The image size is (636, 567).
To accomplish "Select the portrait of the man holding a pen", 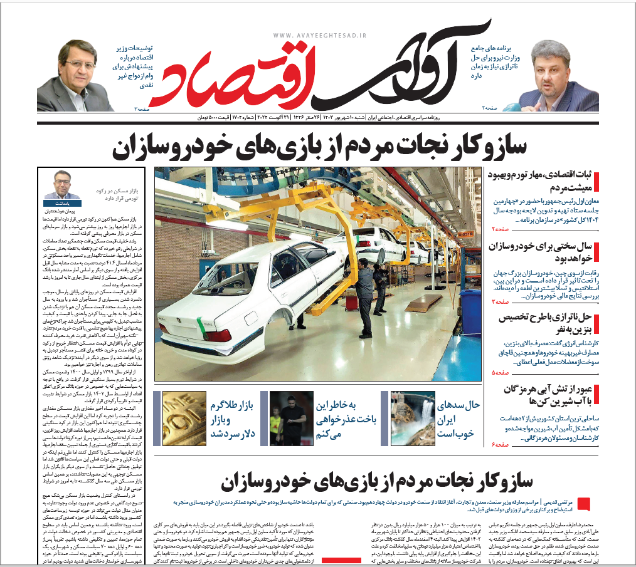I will [x=562, y=75].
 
